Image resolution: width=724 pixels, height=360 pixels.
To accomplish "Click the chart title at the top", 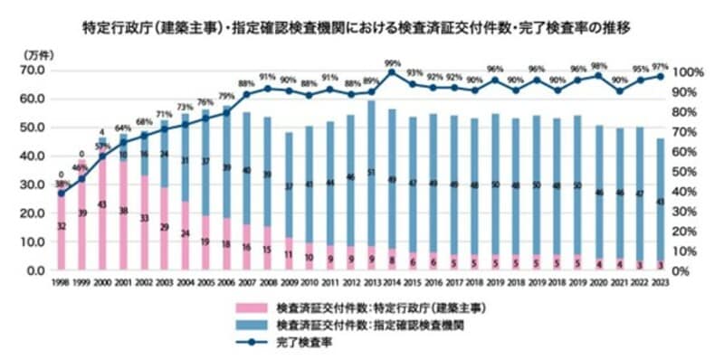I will pyautogui.click(x=361, y=28).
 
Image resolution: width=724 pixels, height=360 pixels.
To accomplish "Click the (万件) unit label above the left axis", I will pyautogui.click(x=36, y=55).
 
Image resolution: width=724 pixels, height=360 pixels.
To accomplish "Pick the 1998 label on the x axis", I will pyautogui.click(x=61, y=282).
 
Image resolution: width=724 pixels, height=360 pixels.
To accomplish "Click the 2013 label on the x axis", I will pyautogui.click(x=372, y=282).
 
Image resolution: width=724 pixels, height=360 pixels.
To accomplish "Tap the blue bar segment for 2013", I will pyautogui.click(x=372, y=172).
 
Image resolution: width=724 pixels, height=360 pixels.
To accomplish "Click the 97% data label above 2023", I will pyautogui.click(x=661, y=67).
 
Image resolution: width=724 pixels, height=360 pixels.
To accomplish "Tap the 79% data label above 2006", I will pyautogui.click(x=226, y=97).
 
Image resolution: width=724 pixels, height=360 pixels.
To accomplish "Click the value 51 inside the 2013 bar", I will pyautogui.click(x=372, y=172).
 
